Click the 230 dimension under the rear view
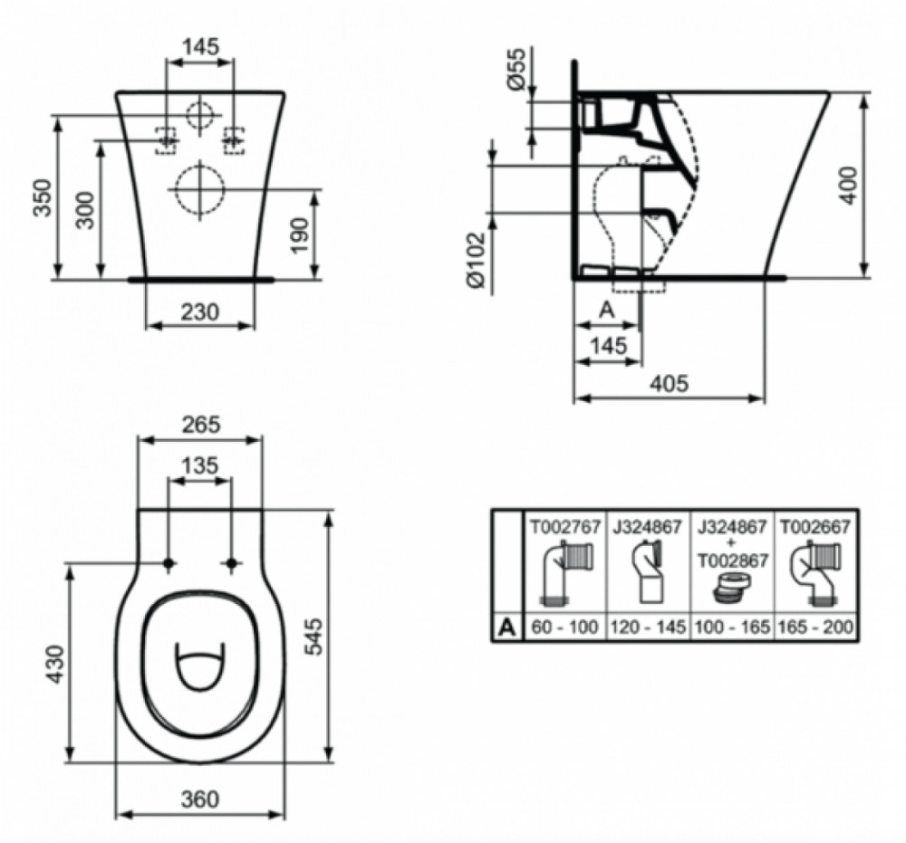point(200,312)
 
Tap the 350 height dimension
point(42,198)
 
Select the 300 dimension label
point(85,210)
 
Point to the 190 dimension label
point(299,235)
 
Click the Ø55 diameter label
point(516,69)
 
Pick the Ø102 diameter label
point(477,261)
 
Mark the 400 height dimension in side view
point(848,185)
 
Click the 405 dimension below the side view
point(670,383)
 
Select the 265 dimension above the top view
point(201,425)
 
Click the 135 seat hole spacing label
point(200,465)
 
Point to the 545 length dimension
point(313,637)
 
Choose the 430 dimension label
point(56,664)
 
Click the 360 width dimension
point(200,800)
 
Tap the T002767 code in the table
point(566,526)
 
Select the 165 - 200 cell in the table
point(816,627)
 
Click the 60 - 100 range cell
point(564,627)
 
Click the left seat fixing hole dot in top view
point(169,563)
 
